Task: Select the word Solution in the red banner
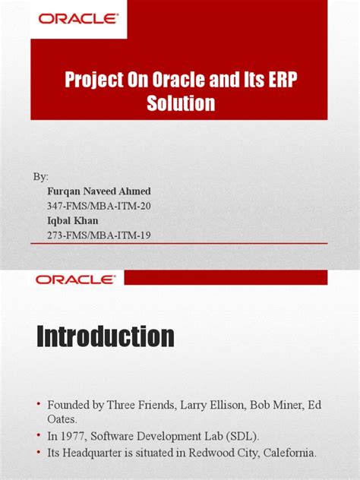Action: [x=181, y=103]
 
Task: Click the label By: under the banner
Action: [x=40, y=176]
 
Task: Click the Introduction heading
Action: [x=106, y=336]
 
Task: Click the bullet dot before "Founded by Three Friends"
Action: [x=30, y=406]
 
